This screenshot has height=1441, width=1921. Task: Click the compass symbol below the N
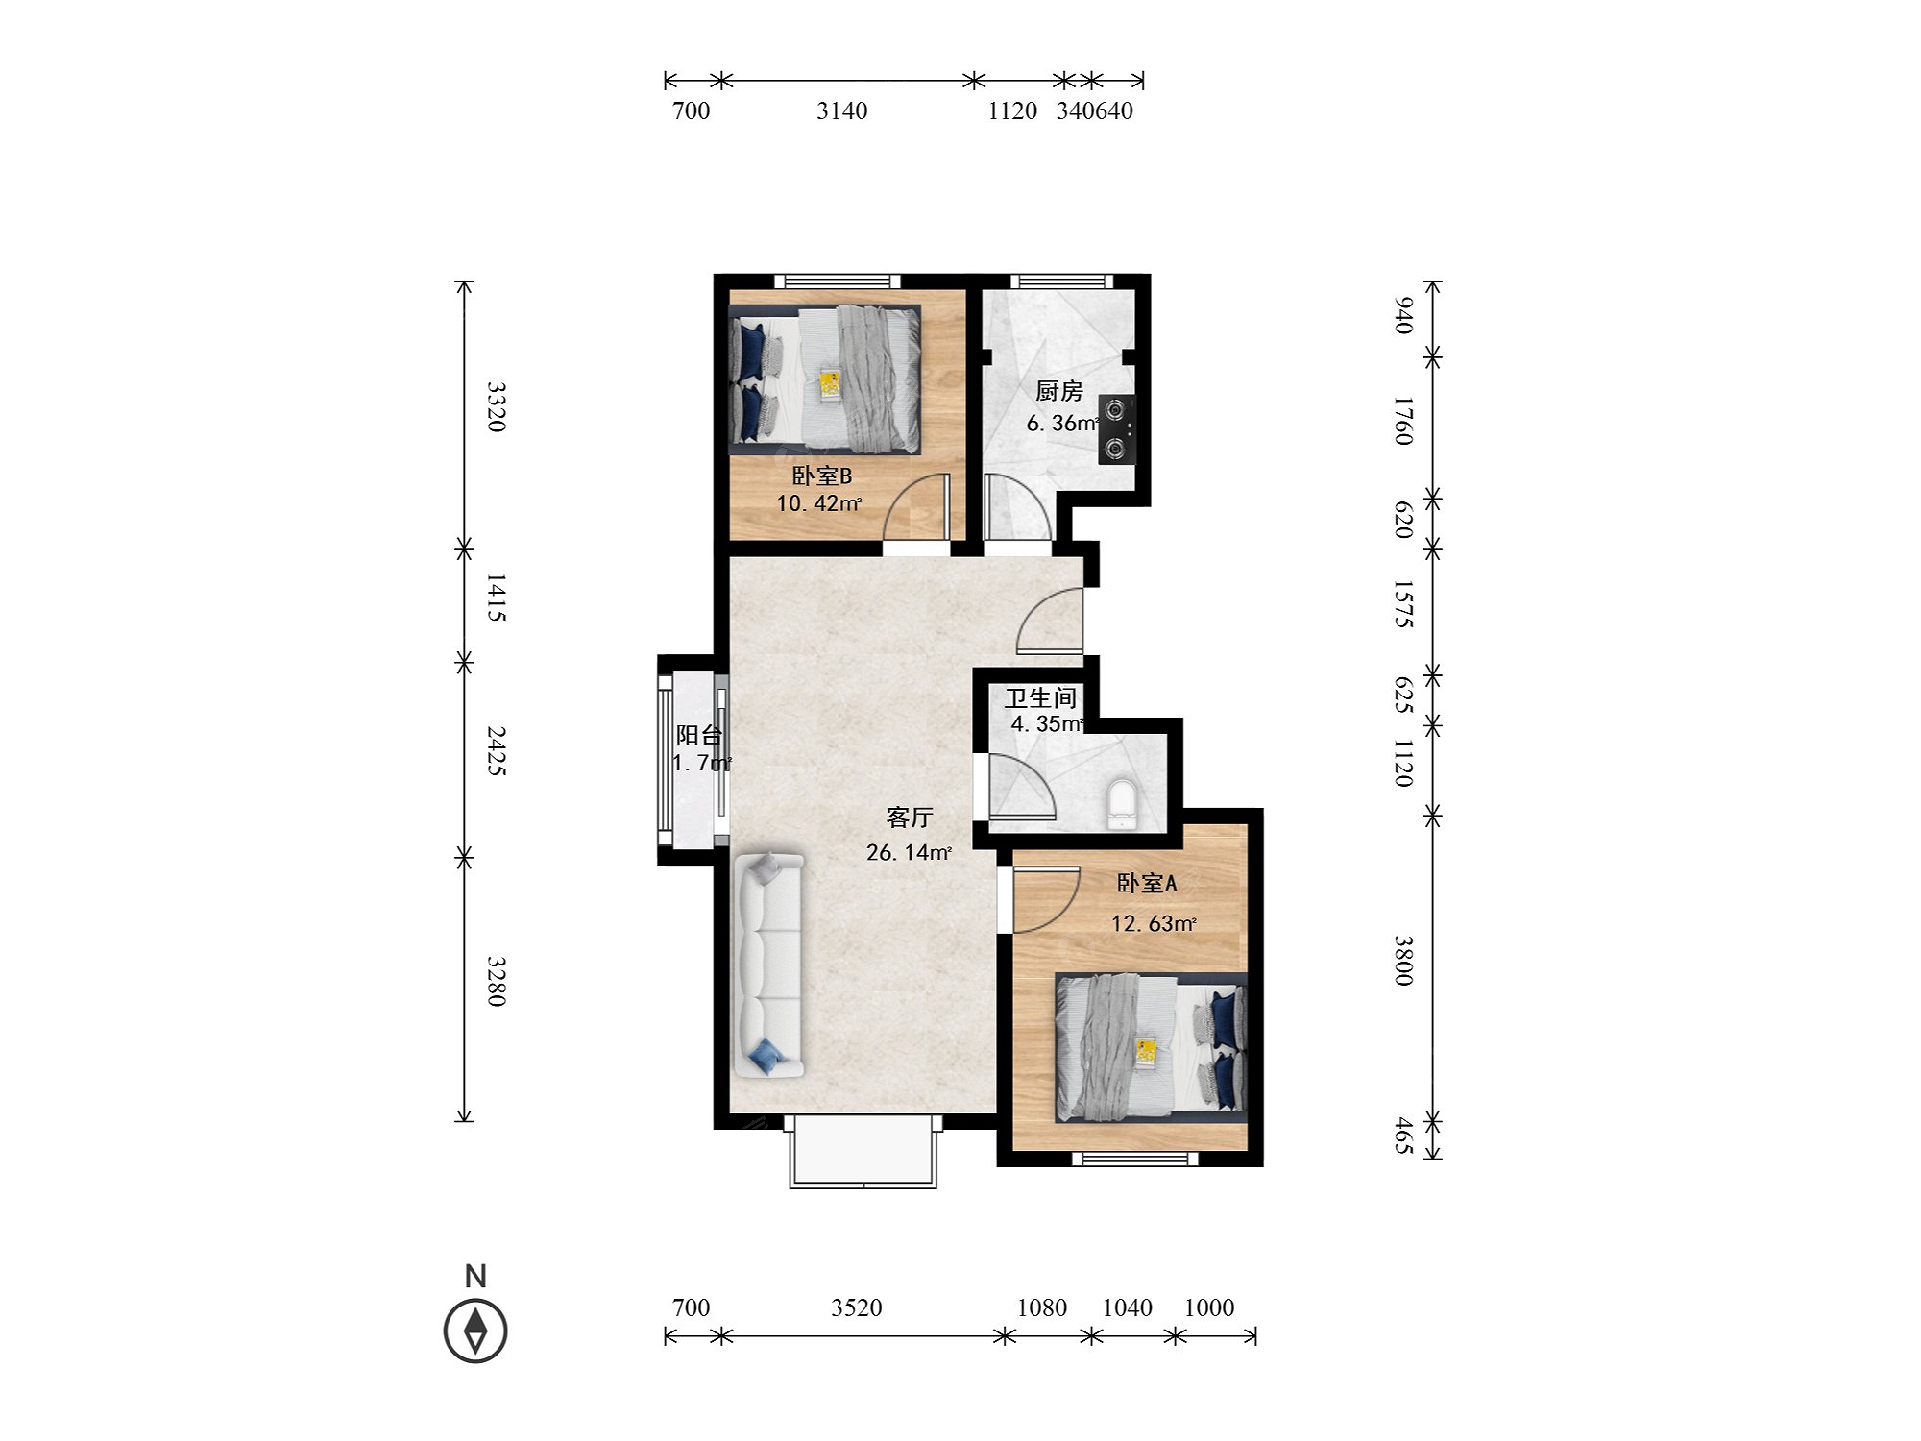pos(475,1331)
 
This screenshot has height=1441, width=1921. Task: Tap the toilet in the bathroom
pos(1121,803)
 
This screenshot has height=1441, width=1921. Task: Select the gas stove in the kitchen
pos(1117,430)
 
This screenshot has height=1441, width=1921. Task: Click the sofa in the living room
pos(768,965)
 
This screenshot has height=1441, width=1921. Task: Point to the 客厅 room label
pos(909,818)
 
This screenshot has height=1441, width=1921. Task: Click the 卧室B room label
pos(821,476)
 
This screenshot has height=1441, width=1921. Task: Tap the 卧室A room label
pos(1147,883)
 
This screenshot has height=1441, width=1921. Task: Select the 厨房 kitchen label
pos(1059,391)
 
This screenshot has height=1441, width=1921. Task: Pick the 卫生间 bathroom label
pos(1040,698)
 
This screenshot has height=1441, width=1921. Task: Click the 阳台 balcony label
pos(698,735)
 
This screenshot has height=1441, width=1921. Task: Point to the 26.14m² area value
pos(909,852)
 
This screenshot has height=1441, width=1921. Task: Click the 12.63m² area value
pos(1154,924)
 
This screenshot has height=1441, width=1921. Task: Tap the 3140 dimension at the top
pos(842,111)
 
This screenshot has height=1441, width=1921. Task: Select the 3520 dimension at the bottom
pos(857,1307)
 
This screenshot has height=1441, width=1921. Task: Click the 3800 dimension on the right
pos(1403,960)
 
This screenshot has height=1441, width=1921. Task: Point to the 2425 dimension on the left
pos(496,750)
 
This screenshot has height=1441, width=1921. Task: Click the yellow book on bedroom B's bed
pos(830,385)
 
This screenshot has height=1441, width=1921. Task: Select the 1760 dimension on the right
pos(1403,420)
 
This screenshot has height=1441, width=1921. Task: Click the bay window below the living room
pos(863,1152)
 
